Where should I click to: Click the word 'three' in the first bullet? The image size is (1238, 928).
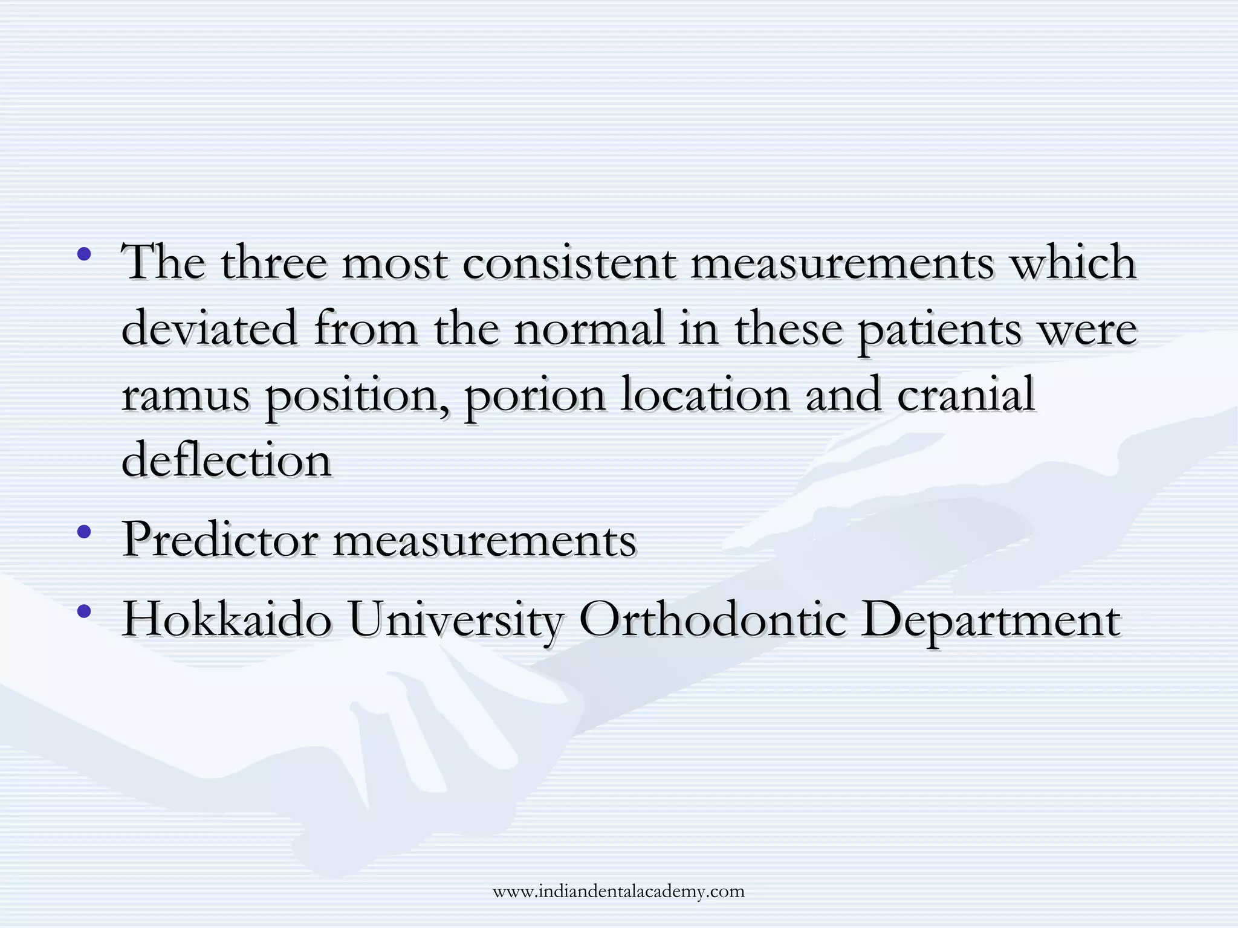point(273,263)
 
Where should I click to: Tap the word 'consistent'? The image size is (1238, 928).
point(569,263)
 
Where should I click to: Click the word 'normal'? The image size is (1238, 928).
point(589,329)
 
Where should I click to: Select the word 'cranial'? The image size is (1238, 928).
point(966,395)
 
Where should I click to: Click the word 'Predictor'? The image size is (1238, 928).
point(220,540)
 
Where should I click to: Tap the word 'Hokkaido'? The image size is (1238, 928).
point(227,619)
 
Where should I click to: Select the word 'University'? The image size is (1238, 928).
point(456,621)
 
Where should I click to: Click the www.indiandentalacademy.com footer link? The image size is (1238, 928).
point(618,891)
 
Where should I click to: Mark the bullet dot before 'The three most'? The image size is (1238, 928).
point(85,254)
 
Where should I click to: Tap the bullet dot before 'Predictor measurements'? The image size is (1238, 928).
point(85,532)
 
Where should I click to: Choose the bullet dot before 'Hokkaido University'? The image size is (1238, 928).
point(85,611)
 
